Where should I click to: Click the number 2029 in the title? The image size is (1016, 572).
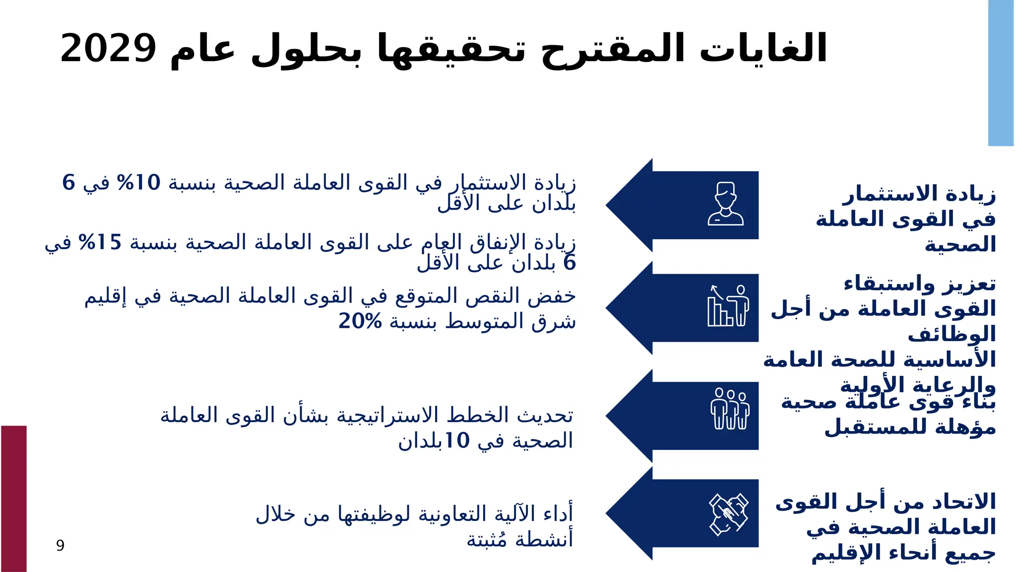click(108, 49)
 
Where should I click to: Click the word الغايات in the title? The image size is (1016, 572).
click(763, 49)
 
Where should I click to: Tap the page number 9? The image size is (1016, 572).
click(60, 545)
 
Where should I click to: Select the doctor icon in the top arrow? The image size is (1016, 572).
click(725, 204)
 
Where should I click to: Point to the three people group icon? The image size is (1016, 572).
click(729, 409)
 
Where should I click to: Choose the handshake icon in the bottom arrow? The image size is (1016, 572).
click(728, 514)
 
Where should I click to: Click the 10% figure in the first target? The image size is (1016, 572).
click(138, 183)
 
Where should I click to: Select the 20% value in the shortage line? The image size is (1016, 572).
click(360, 321)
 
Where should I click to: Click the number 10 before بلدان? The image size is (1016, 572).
click(456, 440)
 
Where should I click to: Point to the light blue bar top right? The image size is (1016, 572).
click(1001, 73)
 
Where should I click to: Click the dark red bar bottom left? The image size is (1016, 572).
click(13, 498)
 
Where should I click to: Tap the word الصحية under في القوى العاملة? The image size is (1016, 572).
click(960, 245)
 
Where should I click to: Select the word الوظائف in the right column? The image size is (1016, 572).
click(952, 334)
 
